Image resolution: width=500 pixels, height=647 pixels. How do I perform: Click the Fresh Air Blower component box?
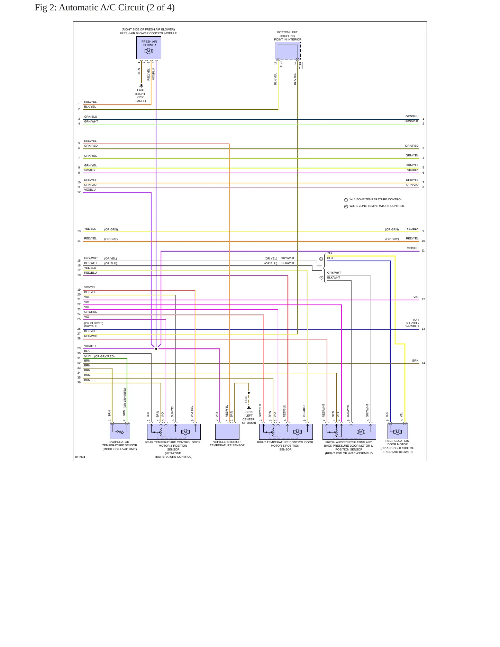click(149, 48)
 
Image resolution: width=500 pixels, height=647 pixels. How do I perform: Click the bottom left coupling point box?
click(288, 51)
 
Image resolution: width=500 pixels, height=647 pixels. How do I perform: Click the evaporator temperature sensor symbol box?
click(120, 431)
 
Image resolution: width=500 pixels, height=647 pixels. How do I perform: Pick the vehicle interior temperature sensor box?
click(227, 431)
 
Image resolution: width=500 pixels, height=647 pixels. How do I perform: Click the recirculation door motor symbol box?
click(398, 431)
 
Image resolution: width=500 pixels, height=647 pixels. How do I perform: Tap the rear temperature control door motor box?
click(174, 431)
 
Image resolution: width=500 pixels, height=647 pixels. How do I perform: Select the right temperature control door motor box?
click(286, 431)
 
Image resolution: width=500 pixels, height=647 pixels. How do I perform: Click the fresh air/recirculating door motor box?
click(349, 431)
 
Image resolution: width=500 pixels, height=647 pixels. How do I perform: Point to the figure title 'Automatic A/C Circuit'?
click(101, 8)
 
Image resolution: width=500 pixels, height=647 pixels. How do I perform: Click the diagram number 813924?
click(80, 457)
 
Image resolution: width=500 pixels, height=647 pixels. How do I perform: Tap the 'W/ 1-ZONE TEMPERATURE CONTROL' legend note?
click(376, 200)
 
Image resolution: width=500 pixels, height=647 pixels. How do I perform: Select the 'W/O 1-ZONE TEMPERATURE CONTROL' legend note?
click(377, 206)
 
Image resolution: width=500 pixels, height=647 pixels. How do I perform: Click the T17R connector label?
click(300, 65)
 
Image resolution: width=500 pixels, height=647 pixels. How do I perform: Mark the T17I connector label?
click(281, 64)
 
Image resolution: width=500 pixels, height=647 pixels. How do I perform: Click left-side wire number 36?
click(79, 383)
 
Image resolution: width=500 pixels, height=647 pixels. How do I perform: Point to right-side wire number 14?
click(423, 363)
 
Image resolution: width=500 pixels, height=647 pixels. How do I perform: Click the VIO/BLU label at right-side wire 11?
click(412, 248)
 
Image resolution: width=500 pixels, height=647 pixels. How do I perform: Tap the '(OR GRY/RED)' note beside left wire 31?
click(104, 357)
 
